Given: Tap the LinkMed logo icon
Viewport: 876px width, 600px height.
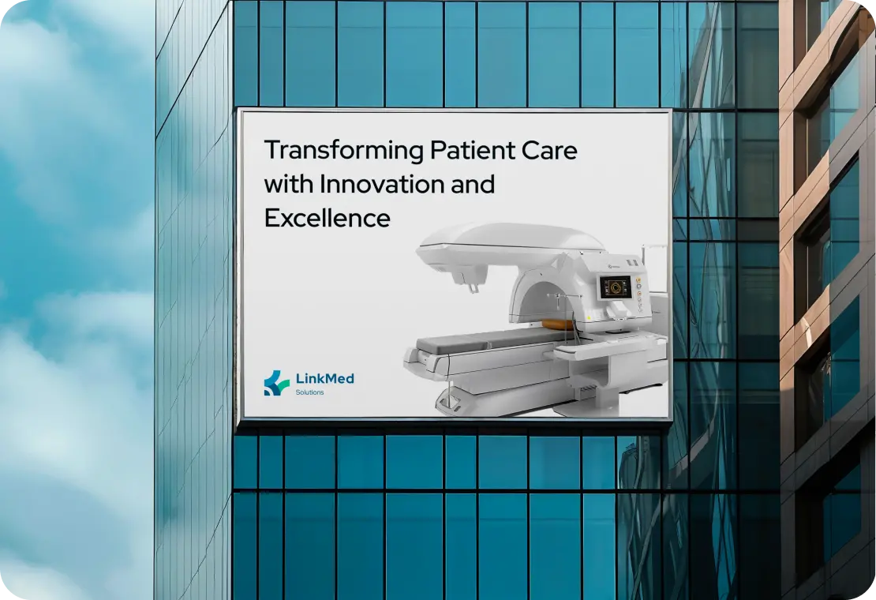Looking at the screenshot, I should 276,382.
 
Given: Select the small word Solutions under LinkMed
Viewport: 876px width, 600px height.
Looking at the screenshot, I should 309,392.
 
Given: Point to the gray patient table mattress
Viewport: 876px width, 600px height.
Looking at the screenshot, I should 481,341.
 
